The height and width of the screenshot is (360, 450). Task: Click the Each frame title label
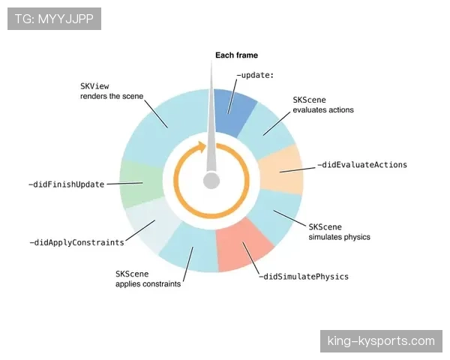236,55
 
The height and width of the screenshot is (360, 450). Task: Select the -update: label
255,75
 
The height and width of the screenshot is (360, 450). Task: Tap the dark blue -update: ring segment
234,112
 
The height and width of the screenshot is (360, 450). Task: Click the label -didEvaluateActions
362,165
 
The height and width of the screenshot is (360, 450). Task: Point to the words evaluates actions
323,110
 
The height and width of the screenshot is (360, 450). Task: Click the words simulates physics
339,237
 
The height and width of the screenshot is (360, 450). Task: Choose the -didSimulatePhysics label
304,277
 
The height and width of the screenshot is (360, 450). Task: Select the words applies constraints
148,284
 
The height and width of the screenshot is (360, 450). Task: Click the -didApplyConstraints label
77,242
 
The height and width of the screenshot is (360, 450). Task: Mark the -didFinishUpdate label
67,184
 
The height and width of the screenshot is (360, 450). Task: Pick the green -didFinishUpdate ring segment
141,184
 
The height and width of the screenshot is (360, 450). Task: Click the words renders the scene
112,96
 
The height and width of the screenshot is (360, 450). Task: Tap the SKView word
94,86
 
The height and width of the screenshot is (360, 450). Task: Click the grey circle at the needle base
211,181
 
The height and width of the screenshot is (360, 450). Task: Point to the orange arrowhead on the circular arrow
202,147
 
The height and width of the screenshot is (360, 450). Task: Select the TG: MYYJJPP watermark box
54,19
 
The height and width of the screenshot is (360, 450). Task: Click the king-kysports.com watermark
381,341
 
